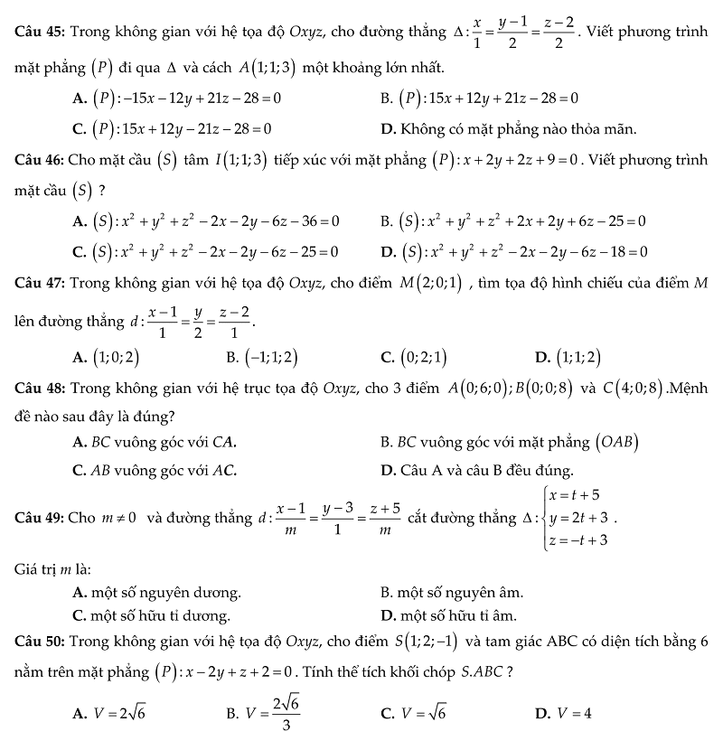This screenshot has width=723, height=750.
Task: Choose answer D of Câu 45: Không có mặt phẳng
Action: pos(508,127)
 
